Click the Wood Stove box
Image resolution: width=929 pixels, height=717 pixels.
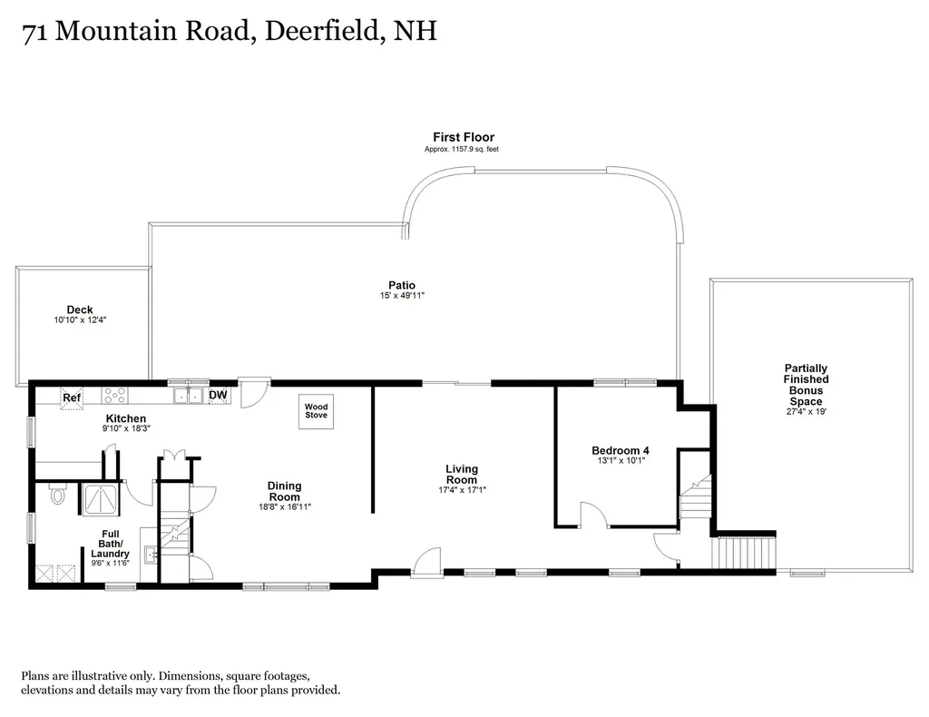pyautogui.click(x=316, y=411)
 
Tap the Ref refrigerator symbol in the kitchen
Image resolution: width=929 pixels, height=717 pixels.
pyautogui.click(x=72, y=398)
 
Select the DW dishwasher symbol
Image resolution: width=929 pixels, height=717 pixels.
pyautogui.click(x=218, y=395)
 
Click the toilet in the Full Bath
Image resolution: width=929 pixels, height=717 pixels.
pyautogui.click(x=57, y=494)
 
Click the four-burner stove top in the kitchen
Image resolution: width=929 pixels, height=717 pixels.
pyautogui.click(x=114, y=395)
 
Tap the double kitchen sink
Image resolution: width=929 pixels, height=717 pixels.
pyautogui.click(x=189, y=395)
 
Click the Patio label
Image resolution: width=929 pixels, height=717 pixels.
pyautogui.click(x=402, y=285)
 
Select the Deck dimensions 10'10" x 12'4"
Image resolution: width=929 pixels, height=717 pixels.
pyautogui.click(x=80, y=320)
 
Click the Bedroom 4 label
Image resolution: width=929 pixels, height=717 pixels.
pyautogui.click(x=621, y=450)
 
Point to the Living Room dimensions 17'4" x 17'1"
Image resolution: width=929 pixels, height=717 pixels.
pyautogui.click(x=462, y=490)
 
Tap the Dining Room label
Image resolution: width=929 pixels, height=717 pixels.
pyautogui.click(x=284, y=491)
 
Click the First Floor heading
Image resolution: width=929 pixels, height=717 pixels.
pyautogui.click(x=464, y=137)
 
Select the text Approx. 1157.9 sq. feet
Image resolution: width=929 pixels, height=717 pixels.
pyautogui.click(x=462, y=150)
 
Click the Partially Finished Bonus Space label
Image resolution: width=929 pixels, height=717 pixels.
pyautogui.click(x=806, y=385)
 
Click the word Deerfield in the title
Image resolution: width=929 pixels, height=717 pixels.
pyautogui.click(x=320, y=31)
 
